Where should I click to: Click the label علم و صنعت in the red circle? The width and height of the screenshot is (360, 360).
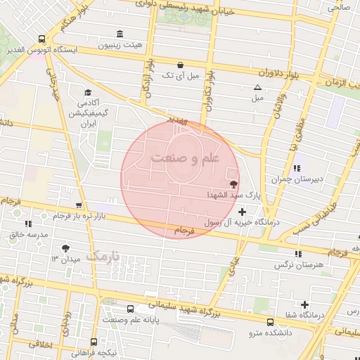186,158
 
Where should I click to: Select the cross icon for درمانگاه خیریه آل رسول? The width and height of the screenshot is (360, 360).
243,212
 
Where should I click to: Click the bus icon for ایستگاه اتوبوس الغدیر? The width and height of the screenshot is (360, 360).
42,39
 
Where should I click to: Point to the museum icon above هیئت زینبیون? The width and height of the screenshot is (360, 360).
120,34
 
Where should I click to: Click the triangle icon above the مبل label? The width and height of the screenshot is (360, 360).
257,88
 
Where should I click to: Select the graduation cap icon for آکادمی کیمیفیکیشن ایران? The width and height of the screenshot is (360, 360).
88,93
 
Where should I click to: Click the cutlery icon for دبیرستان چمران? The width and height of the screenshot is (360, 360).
297,168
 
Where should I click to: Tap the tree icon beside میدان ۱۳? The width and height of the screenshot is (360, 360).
65,248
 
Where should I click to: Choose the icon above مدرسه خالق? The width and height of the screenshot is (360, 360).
28,224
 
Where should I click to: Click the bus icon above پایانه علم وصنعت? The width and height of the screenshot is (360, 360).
130,309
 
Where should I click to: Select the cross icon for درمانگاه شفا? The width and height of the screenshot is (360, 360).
304,305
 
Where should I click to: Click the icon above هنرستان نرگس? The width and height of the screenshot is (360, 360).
299,254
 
